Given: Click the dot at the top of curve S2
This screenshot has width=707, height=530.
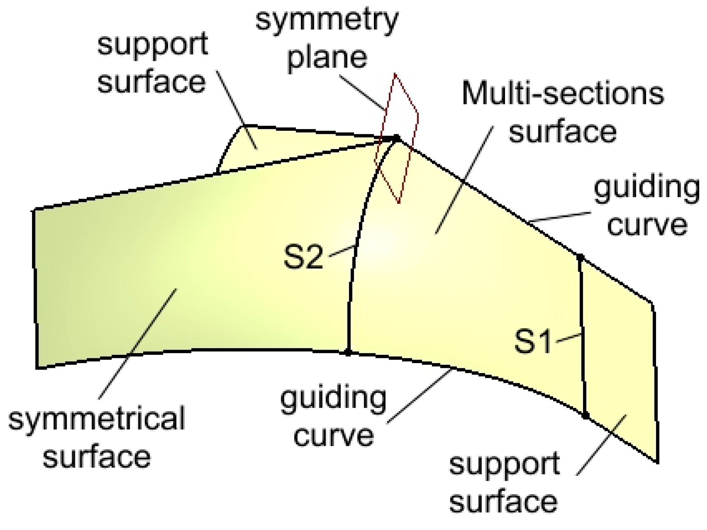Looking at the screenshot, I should [x=397, y=138].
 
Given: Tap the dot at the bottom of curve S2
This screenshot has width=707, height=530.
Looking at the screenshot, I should [x=348, y=352].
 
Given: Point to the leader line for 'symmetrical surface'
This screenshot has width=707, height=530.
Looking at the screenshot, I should [x=138, y=344].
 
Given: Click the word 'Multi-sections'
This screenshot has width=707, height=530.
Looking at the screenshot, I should [x=563, y=94].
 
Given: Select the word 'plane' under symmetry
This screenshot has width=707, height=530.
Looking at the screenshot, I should [x=327, y=58].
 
